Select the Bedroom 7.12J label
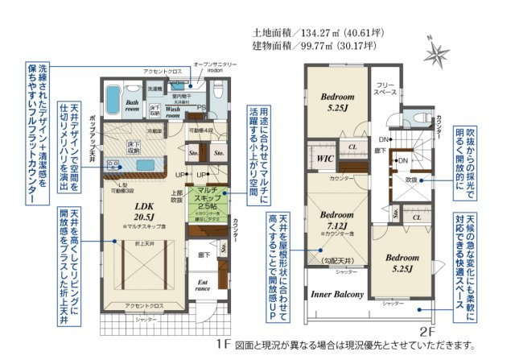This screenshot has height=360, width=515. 338,221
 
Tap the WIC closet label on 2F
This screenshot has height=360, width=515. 326,159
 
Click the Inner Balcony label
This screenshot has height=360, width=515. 338,294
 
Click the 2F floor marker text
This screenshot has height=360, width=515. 428,330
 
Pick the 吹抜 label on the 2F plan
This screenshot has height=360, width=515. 410,180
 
